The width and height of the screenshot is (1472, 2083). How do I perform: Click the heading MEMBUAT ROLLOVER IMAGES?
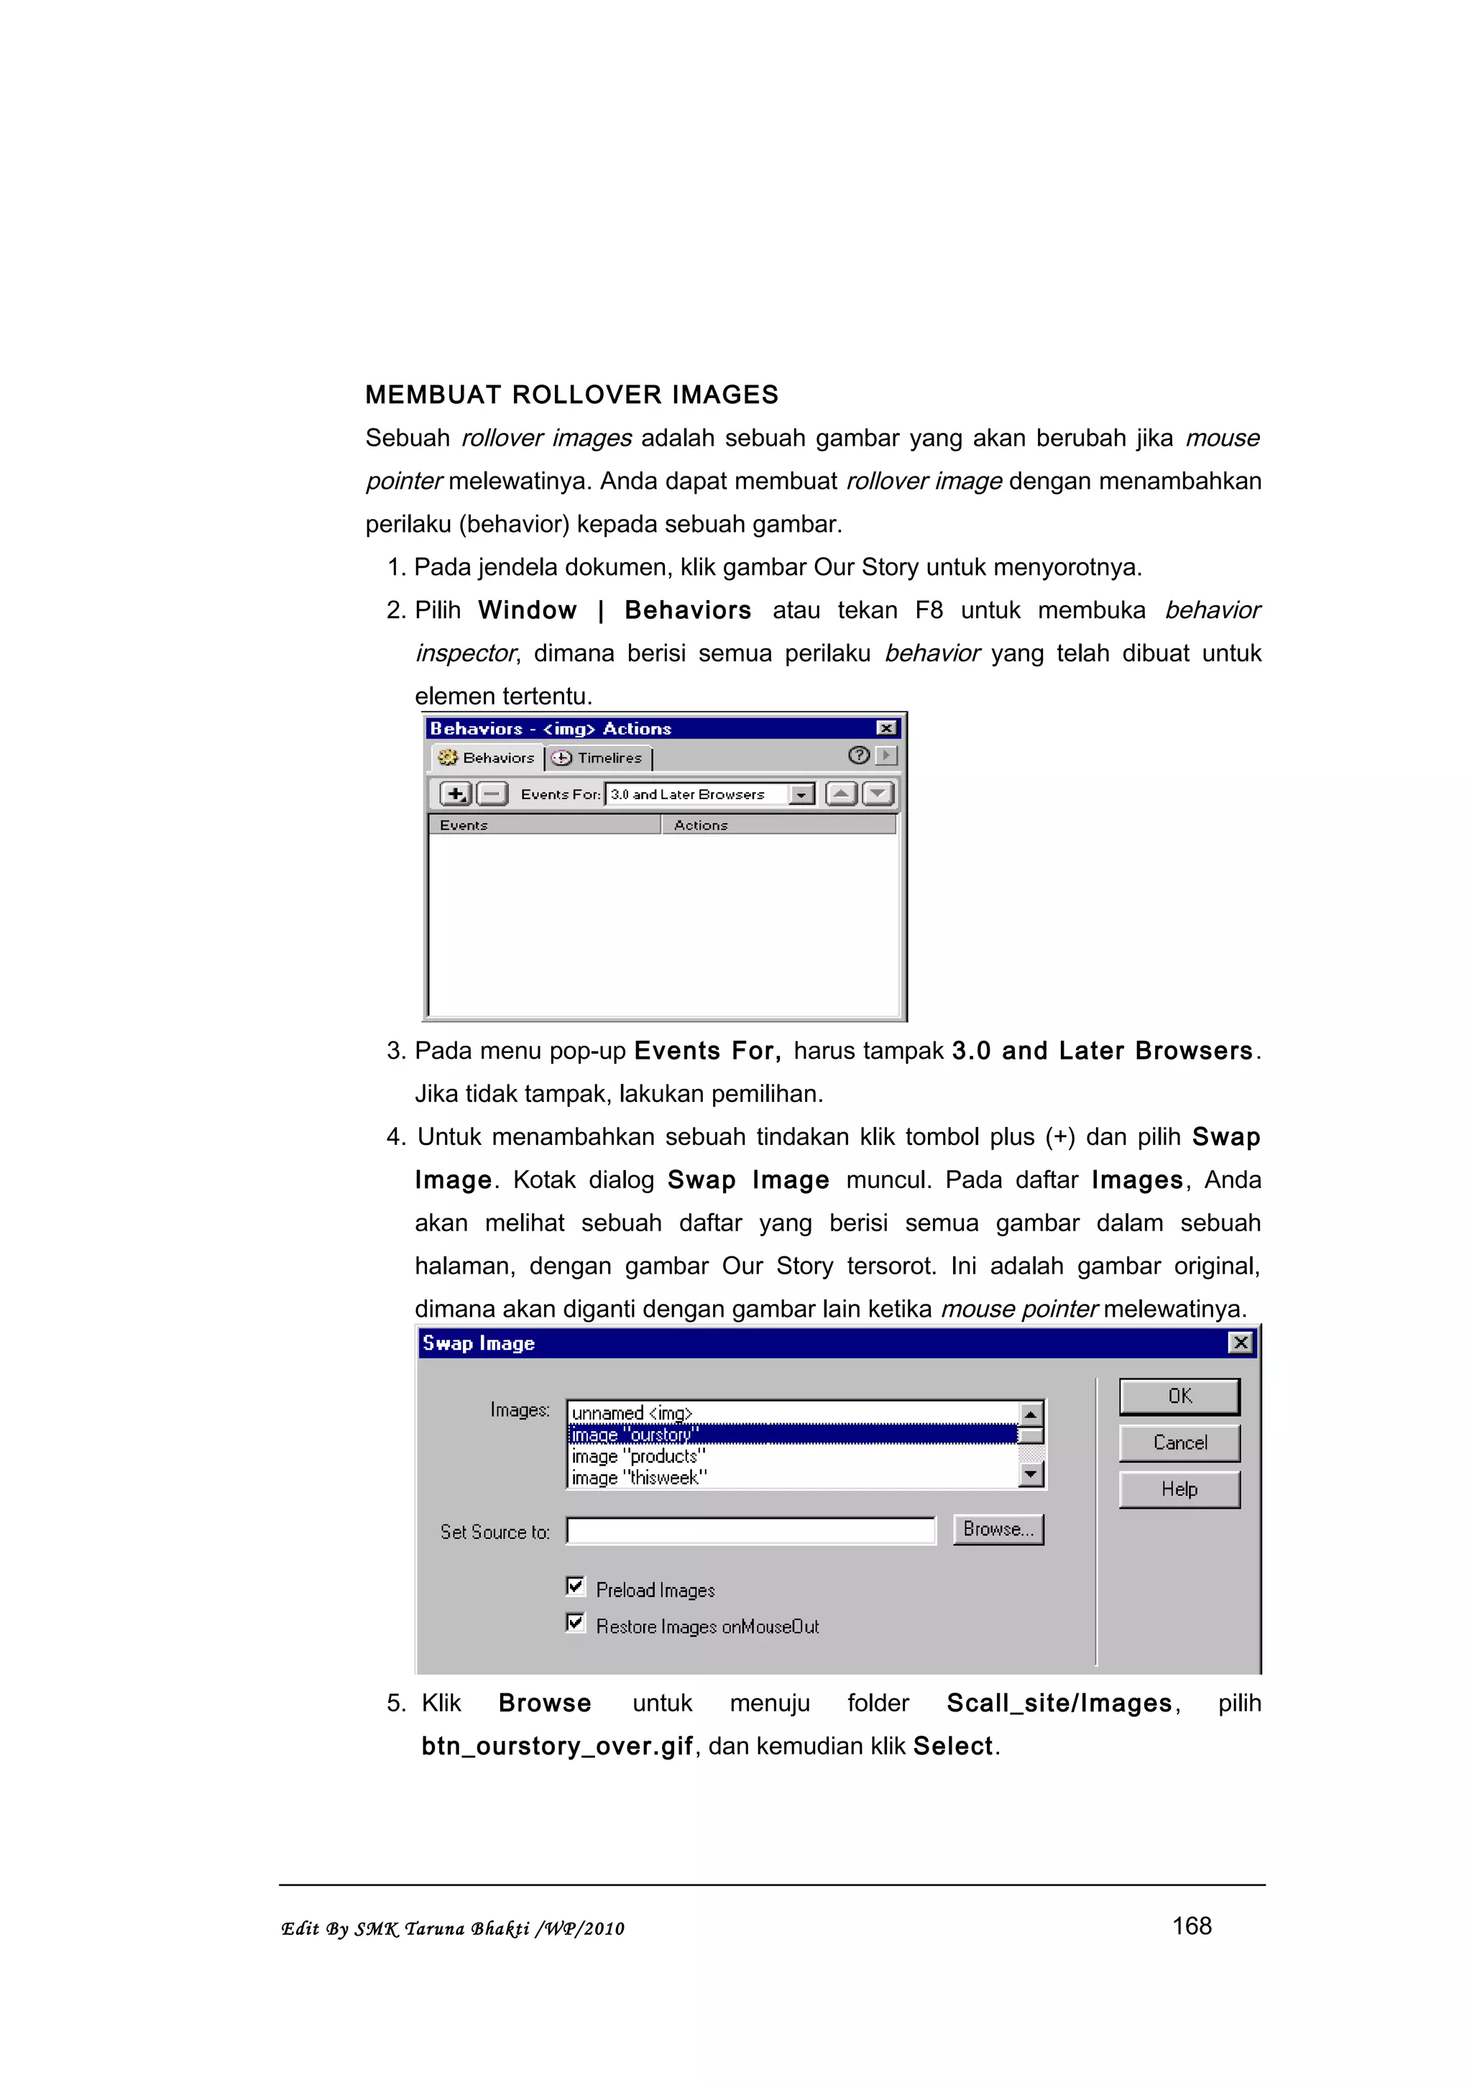[571, 395]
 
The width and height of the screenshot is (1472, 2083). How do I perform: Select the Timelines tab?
[599, 758]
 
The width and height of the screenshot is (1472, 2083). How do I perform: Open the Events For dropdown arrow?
[801, 795]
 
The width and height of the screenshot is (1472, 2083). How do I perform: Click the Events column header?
[544, 824]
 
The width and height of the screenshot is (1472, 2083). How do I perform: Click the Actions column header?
[778, 824]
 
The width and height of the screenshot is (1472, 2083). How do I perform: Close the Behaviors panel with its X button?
[886, 729]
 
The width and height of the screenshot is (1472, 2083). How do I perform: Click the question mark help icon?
[858, 755]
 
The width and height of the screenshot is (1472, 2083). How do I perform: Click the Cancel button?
[1179, 1443]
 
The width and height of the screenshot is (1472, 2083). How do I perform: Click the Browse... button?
[998, 1530]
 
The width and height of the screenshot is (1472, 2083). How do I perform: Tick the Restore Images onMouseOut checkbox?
[575, 1622]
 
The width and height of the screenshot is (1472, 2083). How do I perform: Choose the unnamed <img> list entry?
[632, 1412]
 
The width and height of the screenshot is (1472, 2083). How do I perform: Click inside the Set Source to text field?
[750, 1532]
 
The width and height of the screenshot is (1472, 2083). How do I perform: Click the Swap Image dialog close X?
[1240, 1343]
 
